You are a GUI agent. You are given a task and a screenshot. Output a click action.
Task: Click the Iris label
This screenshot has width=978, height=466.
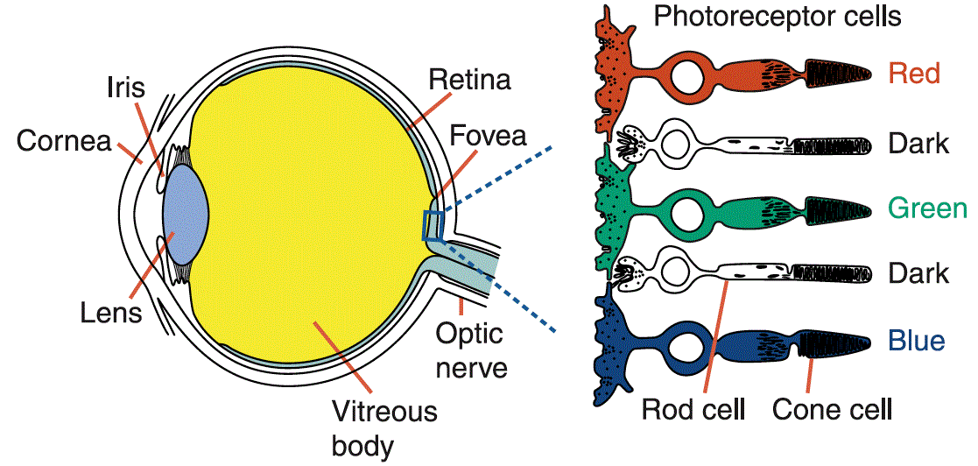125,88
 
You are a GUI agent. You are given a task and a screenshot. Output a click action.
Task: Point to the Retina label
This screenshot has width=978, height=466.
469,81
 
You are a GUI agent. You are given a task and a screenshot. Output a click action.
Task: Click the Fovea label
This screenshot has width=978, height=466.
488,137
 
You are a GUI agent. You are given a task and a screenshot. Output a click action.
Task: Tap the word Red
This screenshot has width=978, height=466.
913,73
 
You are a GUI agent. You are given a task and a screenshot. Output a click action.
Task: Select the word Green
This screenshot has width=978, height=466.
926,208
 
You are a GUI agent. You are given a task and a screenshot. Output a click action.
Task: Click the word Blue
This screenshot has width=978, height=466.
917,340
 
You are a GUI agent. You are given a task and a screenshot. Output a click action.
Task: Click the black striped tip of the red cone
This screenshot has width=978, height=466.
839,74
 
